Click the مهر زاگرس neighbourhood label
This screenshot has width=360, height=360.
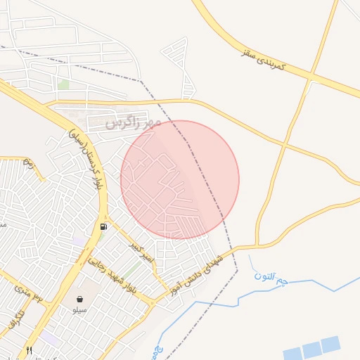pyautogui.click(x=134, y=122)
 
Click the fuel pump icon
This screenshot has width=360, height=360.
pyautogui.click(x=104, y=227)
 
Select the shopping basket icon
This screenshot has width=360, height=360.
pyautogui.click(x=79, y=299)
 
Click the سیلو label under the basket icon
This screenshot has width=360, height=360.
pyautogui.click(x=79, y=310)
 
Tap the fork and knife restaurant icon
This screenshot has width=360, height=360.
pyautogui.click(x=29, y=349)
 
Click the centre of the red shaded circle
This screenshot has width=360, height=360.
pyautogui.click(x=180, y=180)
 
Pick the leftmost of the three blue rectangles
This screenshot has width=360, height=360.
pyautogui.click(x=292, y=352)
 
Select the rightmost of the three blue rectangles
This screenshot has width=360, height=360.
pyautogui.click(x=331, y=344)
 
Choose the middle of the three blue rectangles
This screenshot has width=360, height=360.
pyautogui.click(x=311, y=349)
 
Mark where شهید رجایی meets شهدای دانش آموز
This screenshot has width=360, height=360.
pyautogui.click(x=151, y=303)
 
